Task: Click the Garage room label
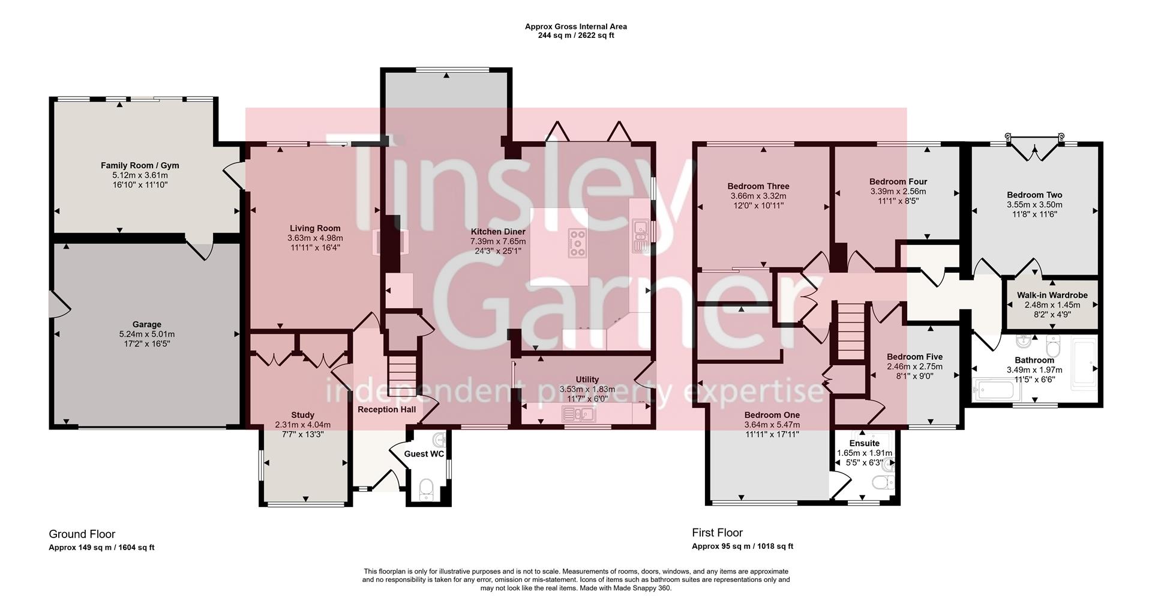[146, 324]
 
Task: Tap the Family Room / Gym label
[140, 165]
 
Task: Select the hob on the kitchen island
[577, 243]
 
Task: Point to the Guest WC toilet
[427, 489]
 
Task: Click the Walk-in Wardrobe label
[1052, 295]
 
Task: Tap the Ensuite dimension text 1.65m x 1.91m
[864, 453]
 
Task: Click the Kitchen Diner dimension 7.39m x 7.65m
[497, 241]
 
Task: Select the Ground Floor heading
[82, 534]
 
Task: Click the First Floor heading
[717, 532]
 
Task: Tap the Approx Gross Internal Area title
[575, 26]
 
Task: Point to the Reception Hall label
[386, 410]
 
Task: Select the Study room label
[302, 415]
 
